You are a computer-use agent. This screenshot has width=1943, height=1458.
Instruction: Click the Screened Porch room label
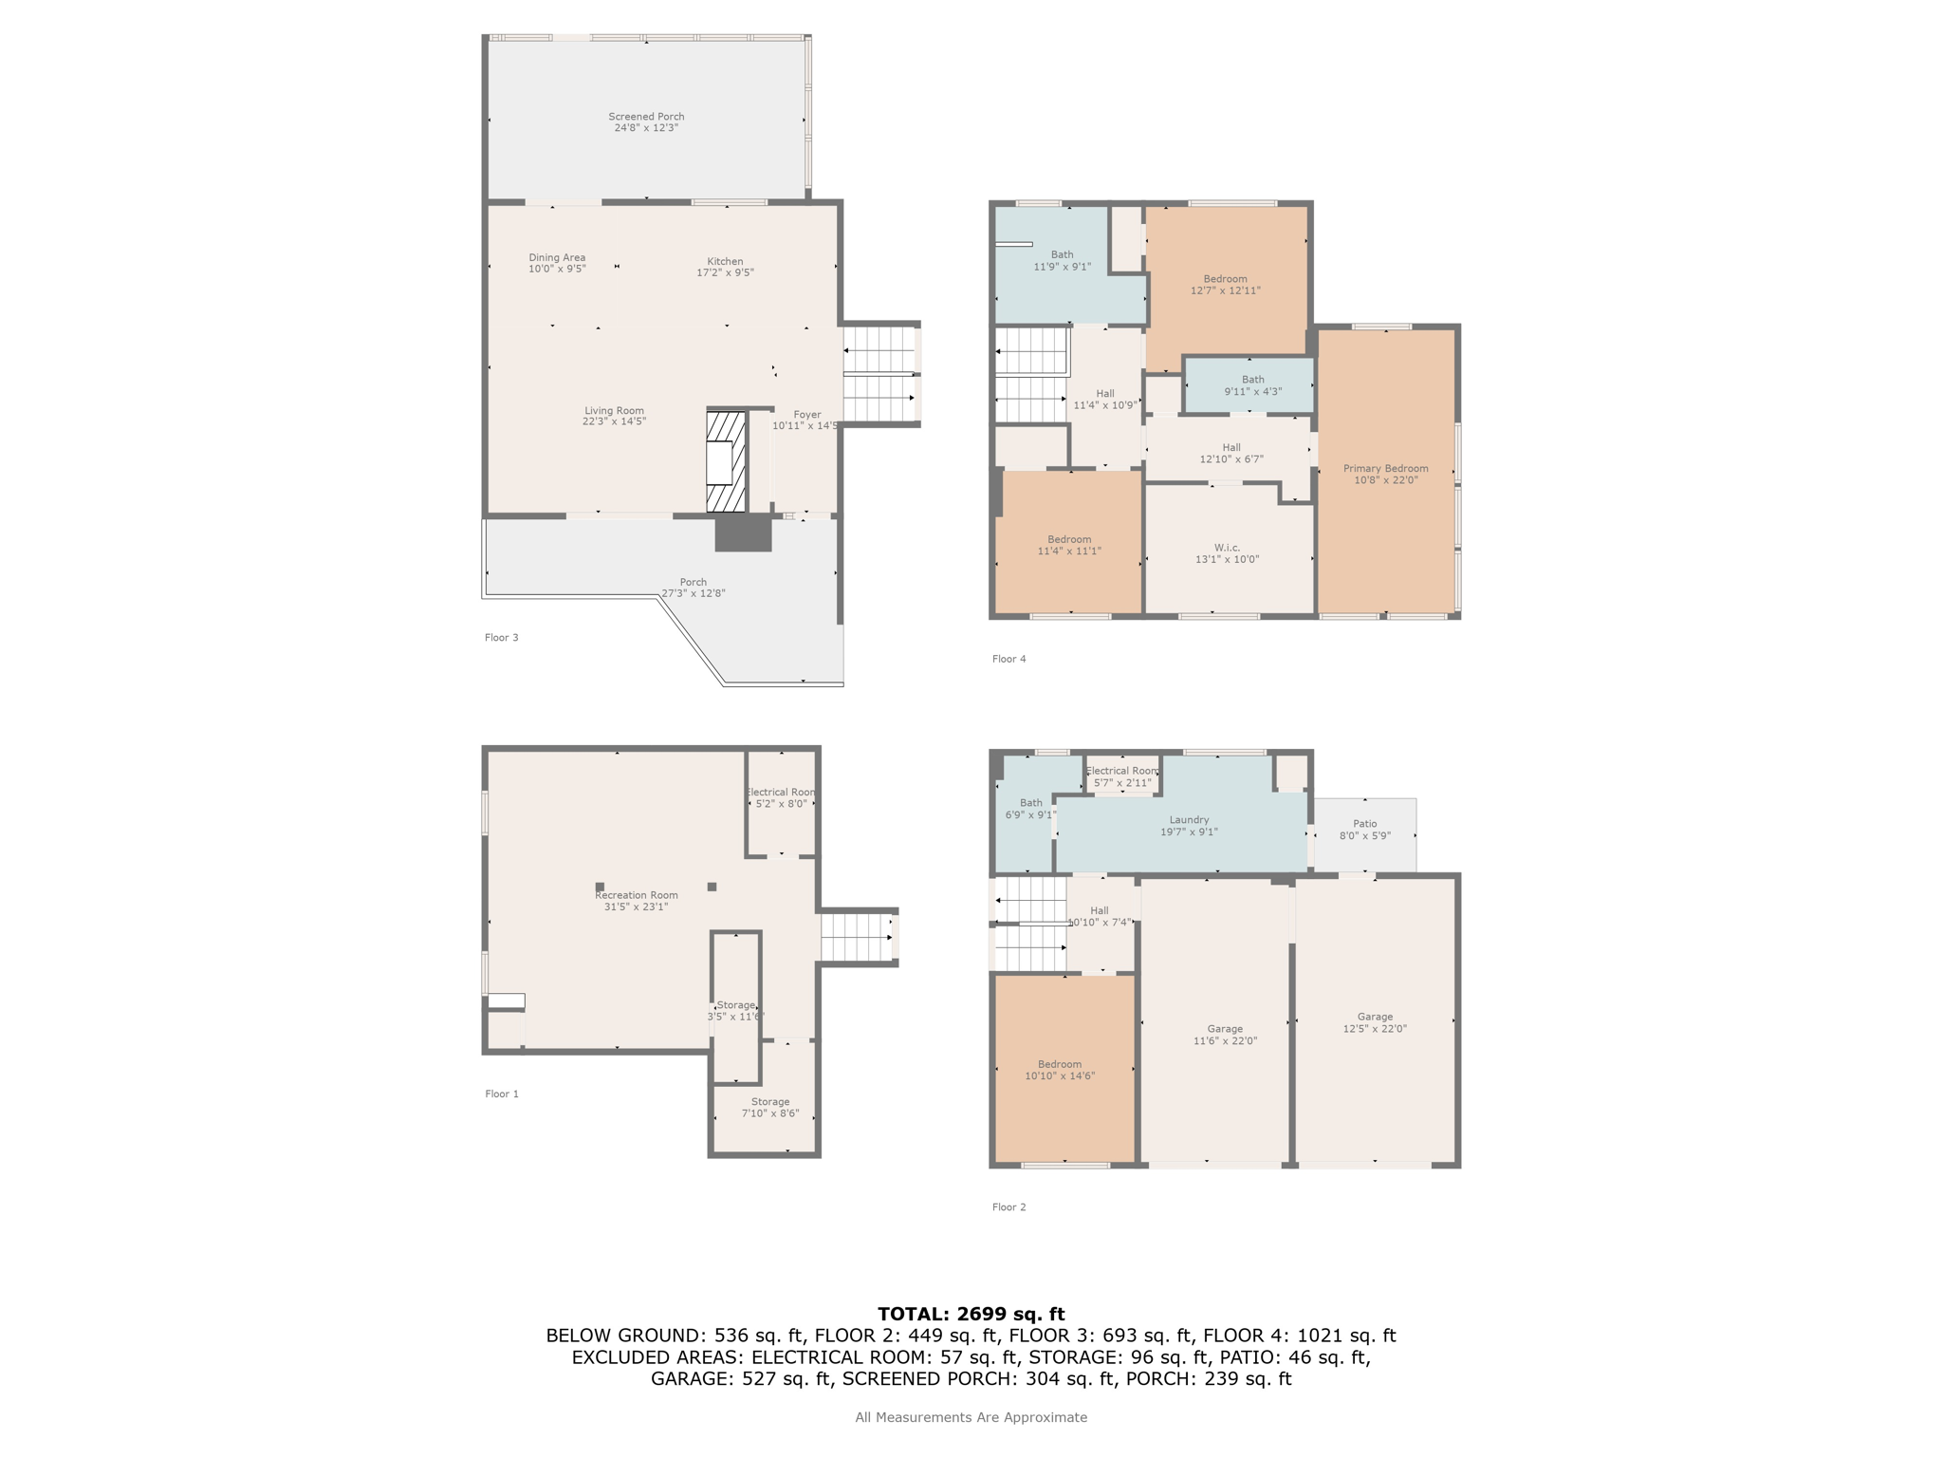click(x=646, y=117)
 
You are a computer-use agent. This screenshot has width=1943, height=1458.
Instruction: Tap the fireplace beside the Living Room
click(x=726, y=461)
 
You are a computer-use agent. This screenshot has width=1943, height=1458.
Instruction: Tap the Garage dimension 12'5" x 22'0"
click(x=1375, y=1029)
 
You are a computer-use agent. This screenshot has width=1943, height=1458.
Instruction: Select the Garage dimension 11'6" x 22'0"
click(x=1225, y=1041)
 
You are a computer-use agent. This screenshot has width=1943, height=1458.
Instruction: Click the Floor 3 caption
click(x=502, y=638)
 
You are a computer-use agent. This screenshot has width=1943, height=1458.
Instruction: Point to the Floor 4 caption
click(x=1009, y=659)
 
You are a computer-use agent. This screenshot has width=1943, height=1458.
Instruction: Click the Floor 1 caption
click(x=502, y=1094)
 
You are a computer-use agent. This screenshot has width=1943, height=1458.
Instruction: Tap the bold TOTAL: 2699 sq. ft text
click(x=971, y=1314)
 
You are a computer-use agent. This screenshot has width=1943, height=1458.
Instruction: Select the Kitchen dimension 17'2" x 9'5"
click(x=725, y=273)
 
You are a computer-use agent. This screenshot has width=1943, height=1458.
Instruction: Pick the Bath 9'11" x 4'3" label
click(x=1253, y=385)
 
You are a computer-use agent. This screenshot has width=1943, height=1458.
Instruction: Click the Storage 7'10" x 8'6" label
click(x=770, y=1108)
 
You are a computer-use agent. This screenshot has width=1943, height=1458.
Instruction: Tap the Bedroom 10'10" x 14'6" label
click(x=1060, y=1071)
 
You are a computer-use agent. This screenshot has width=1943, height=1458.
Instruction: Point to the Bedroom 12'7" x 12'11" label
click(x=1226, y=285)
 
